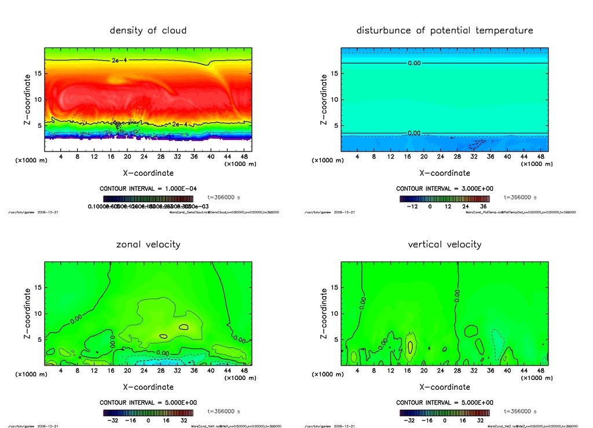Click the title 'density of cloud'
(x=148, y=30)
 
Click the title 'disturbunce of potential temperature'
(x=445, y=30)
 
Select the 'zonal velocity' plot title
(x=148, y=244)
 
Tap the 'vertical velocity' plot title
(x=445, y=244)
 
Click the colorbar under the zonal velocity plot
(x=148, y=413)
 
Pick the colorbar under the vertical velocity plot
(x=445, y=413)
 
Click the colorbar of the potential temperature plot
(x=445, y=199)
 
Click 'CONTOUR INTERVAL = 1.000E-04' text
(x=148, y=189)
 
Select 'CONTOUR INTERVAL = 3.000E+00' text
(x=445, y=189)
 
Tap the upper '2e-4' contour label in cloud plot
(x=118, y=60)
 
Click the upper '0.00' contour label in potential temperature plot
(x=414, y=63)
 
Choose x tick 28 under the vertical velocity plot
(x=457, y=371)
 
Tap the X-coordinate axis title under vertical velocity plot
(x=445, y=386)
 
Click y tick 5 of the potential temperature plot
(x=334, y=126)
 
